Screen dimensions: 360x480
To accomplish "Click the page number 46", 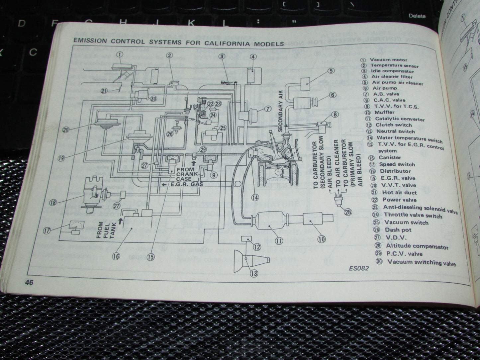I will [28, 282].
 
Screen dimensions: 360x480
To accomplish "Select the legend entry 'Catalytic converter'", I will [400, 119].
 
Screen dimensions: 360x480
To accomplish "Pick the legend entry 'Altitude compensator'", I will [417, 246].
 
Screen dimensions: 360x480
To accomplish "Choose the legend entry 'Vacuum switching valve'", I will [421, 263].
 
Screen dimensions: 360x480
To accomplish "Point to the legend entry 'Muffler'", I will [384, 112].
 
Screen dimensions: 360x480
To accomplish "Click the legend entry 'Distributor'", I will [395, 171].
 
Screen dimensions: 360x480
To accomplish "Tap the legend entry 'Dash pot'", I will [398, 230].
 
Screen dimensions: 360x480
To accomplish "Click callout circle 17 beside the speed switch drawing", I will [48, 229].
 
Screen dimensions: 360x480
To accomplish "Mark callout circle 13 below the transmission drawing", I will [254, 274].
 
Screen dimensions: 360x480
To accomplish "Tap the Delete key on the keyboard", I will [417, 16].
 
